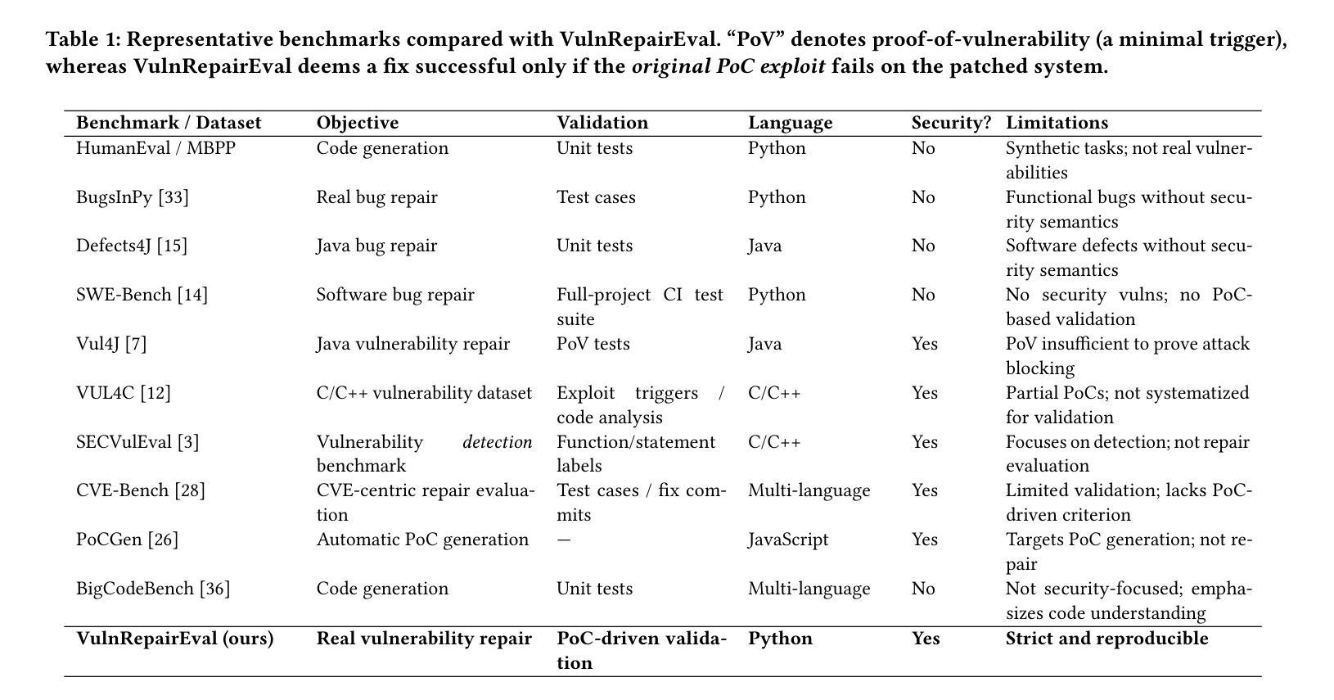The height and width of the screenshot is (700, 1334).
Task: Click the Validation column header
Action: coord(602,123)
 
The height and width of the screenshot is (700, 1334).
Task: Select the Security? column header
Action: coord(951,123)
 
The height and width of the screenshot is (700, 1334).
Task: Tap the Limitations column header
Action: coord(1057,123)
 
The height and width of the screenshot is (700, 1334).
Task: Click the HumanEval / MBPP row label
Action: coord(156,147)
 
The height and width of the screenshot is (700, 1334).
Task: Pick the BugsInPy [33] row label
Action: coord(133,197)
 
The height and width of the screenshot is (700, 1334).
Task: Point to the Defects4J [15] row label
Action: coord(132,246)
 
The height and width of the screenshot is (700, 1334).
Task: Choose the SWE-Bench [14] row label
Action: coord(142,295)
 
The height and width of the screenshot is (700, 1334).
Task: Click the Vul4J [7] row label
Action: coord(111,344)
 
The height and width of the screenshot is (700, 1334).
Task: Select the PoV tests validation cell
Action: coord(593,344)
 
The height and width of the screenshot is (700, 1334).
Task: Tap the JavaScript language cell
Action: coord(788,540)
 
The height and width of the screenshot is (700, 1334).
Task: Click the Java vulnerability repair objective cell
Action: coord(413,345)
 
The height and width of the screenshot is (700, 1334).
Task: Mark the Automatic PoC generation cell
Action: coord(422,540)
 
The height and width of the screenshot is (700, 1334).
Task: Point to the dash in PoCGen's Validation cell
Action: coord(563,540)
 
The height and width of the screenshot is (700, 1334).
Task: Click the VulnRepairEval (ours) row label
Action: coord(175,639)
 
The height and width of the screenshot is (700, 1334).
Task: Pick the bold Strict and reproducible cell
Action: coord(1107,639)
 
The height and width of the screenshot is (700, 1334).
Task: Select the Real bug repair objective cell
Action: coord(377,197)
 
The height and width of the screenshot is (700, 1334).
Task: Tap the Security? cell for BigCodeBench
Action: coord(923,589)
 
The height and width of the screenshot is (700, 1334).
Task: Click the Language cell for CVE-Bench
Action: coord(809,491)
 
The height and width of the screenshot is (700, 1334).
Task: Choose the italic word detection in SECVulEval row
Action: coord(498,442)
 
